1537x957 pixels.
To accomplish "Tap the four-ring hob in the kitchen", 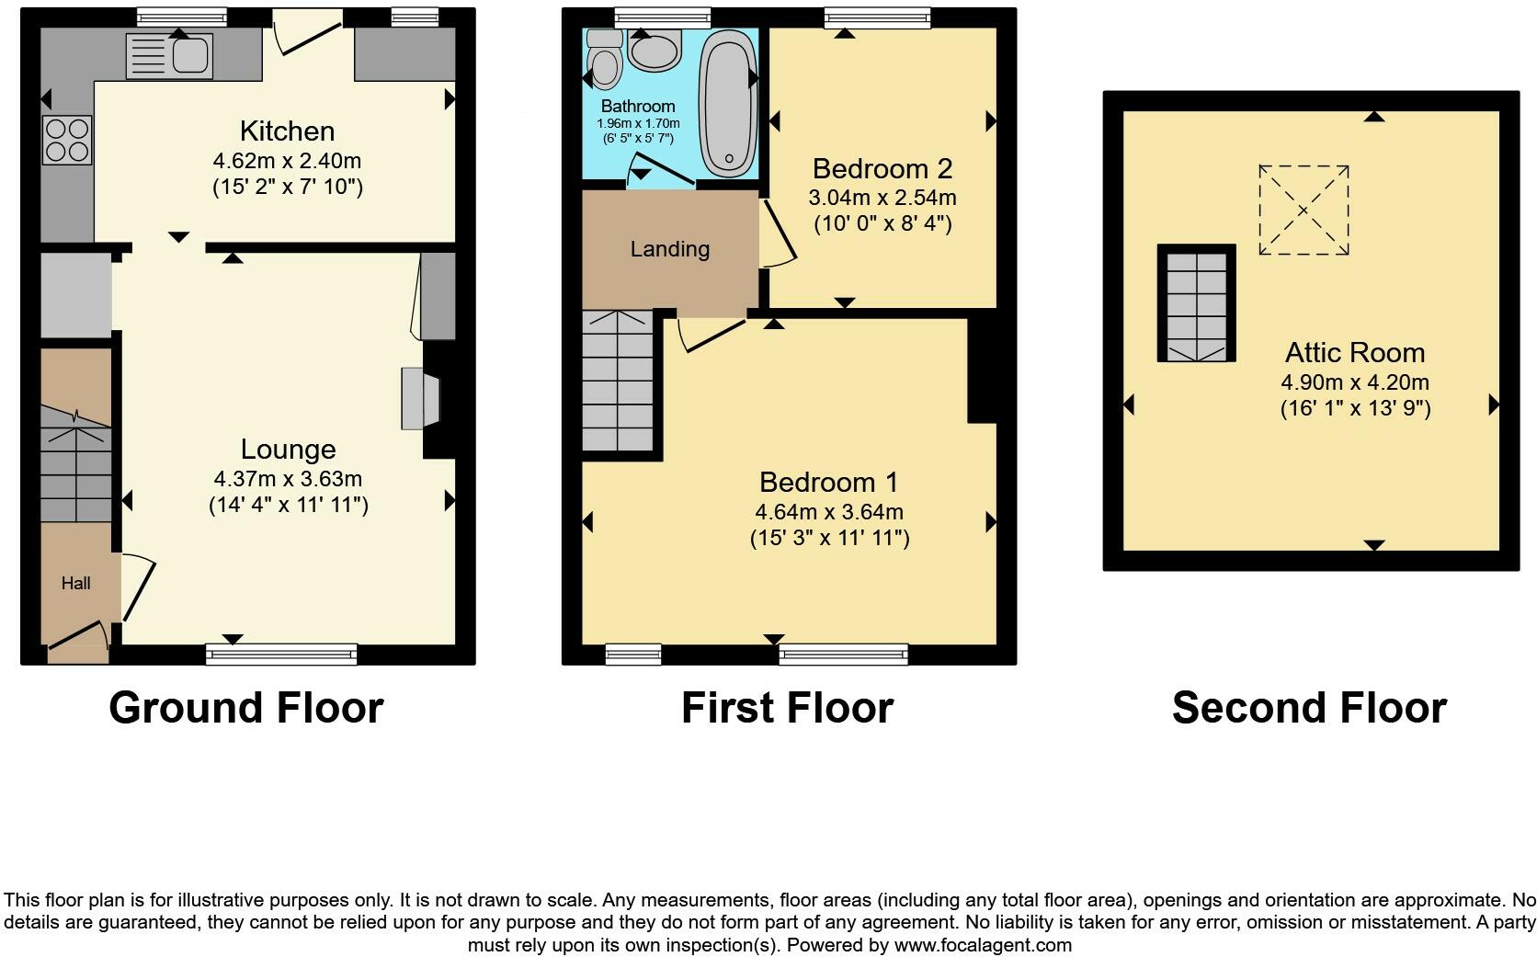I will click(x=67, y=140).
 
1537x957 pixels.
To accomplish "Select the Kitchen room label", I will click(x=287, y=131).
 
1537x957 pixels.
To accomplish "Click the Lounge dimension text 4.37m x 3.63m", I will click(x=288, y=479).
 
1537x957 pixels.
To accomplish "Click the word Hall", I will click(x=76, y=583).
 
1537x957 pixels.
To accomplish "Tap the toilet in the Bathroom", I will click(x=605, y=58).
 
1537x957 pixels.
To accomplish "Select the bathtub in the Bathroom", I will click(x=728, y=101).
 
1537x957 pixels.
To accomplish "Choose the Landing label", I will click(x=670, y=249).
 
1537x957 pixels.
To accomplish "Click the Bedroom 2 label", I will click(x=882, y=169).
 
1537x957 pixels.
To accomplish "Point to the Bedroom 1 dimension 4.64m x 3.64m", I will click(x=829, y=512).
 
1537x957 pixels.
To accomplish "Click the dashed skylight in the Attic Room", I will click(x=1304, y=210).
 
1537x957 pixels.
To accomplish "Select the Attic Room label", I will click(x=1355, y=353).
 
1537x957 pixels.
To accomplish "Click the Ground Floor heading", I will click(x=246, y=708).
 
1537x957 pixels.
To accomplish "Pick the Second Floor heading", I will click(x=1309, y=708).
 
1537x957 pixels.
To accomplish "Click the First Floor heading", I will click(x=787, y=708).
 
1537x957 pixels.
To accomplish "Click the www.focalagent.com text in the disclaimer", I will click(x=983, y=944).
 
